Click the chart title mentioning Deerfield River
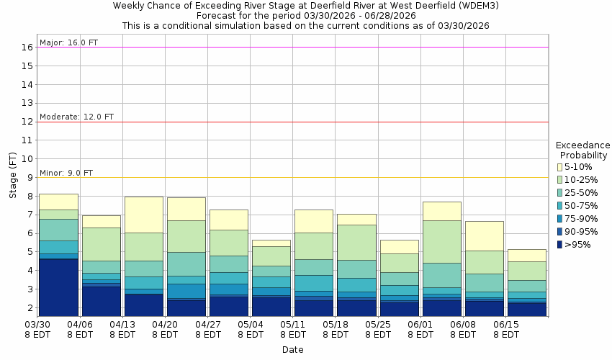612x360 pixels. click(x=305, y=6)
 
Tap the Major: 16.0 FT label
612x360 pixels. click(x=69, y=42)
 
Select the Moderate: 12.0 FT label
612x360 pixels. click(x=76, y=117)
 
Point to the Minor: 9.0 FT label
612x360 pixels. click(x=66, y=173)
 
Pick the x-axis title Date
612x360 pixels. click(x=292, y=350)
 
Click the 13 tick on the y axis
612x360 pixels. click(x=28, y=103)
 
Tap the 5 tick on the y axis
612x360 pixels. click(x=31, y=252)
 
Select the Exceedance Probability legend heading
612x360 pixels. click(x=583, y=150)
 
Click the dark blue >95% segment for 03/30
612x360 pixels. click(x=59, y=287)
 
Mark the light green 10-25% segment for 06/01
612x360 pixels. click(x=442, y=242)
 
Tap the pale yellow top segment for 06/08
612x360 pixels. click(x=485, y=235)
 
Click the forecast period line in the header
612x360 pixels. click(x=305, y=15)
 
